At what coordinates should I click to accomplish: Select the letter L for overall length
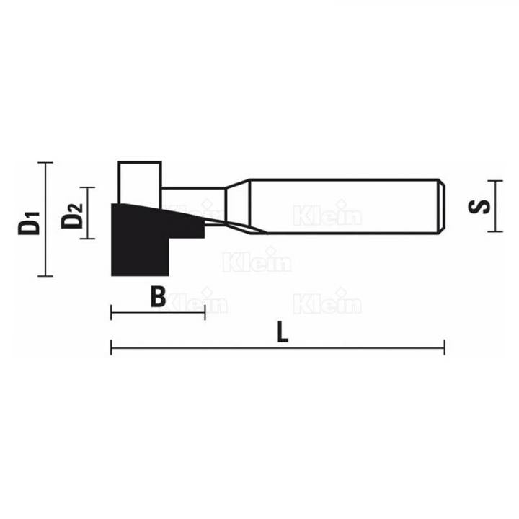(282, 333)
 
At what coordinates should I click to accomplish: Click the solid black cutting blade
(141, 241)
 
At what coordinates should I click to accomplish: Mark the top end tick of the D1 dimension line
(45, 162)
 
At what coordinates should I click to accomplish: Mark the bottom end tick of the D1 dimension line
(45, 275)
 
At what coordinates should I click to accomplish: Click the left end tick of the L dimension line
(112, 348)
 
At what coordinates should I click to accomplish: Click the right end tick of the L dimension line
(444, 348)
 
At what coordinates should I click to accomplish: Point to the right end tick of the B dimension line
(205, 311)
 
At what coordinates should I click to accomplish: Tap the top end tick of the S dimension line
(493, 179)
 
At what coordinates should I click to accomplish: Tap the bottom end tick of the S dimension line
(493, 231)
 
